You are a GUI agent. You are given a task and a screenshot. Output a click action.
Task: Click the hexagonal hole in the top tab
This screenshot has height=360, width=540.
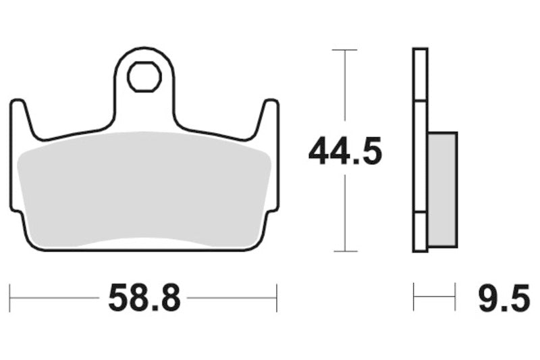click(144, 76)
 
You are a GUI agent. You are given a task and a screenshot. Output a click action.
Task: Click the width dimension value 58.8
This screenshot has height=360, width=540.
click(144, 297)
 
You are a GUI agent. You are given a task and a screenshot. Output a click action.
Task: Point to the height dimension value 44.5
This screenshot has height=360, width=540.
click(345, 152)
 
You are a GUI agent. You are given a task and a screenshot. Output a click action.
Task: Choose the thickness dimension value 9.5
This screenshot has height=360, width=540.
click(504, 297)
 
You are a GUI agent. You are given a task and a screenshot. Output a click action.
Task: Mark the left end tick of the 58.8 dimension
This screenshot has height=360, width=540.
click(10, 297)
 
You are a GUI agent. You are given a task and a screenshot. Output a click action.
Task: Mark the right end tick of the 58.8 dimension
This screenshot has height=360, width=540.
click(277, 297)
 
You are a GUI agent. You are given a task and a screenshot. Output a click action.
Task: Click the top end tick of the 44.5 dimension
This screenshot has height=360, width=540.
click(345, 49)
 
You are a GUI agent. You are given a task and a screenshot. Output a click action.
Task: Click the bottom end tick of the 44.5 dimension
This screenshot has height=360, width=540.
click(345, 251)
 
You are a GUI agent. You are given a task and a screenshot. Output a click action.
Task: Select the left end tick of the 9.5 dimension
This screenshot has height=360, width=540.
click(414, 297)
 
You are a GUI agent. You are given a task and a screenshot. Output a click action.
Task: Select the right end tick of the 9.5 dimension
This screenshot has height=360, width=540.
click(455, 297)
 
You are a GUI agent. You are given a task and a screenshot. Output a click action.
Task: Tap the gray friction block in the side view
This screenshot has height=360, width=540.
click(442, 189)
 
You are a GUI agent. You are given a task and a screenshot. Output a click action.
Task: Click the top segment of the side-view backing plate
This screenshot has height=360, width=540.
click(420, 74)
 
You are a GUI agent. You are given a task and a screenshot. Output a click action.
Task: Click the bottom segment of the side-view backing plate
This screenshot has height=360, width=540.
click(420, 233)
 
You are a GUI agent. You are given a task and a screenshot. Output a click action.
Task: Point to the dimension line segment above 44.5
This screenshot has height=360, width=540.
click(345, 91)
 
